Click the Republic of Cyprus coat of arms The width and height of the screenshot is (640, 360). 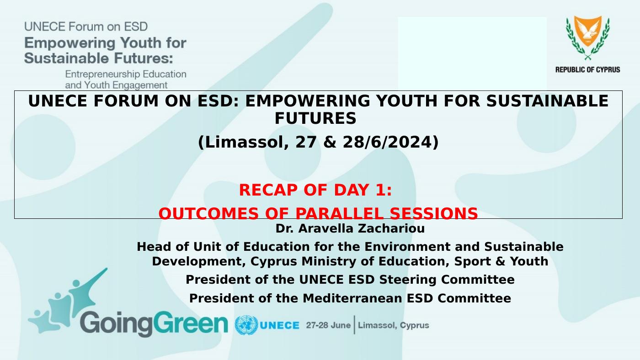(588, 37)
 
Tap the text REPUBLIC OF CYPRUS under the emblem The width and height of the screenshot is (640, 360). (588, 69)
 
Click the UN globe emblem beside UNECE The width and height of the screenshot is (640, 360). (246, 325)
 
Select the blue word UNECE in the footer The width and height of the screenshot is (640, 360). (280, 325)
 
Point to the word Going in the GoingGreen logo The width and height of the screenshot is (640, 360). (117, 323)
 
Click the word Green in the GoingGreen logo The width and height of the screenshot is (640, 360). (191, 322)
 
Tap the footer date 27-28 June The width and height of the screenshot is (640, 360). (328, 325)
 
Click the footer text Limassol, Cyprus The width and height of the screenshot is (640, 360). (394, 325)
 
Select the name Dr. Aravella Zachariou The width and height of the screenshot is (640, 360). (350, 228)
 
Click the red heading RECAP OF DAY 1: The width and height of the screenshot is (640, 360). (315, 190)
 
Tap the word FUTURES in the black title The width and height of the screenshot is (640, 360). (315, 118)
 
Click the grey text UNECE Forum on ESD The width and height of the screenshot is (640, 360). (86, 26)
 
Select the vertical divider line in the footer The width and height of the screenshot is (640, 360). (355, 325)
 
